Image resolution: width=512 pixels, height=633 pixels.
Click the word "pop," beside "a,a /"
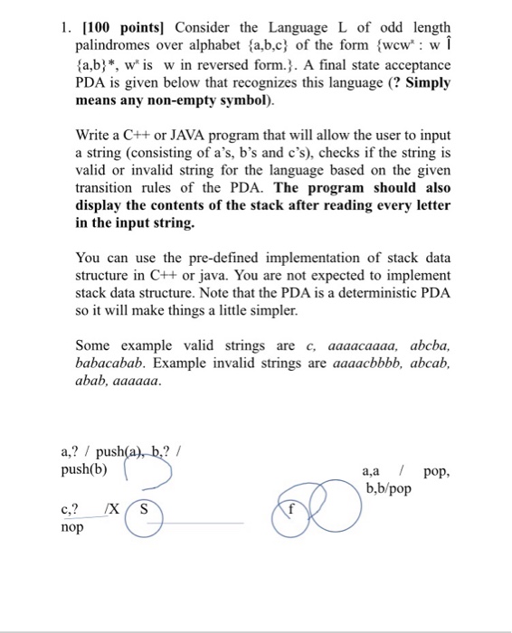[436, 471]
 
